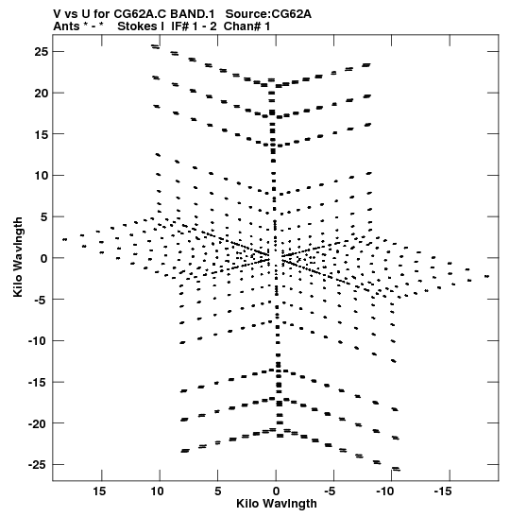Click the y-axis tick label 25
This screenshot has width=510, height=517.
point(42,52)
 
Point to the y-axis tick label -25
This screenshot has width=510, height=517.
point(38,465)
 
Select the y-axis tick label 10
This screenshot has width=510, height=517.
point(42,176)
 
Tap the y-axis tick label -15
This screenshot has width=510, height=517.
point(38,383)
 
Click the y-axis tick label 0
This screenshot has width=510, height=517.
point(44,258)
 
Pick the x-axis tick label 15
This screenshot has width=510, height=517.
point(99,491)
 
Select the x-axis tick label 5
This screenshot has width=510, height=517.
point(218,491)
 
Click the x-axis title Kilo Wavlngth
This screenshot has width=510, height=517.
point(277,504)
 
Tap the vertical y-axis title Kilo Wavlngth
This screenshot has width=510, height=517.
point(18,257)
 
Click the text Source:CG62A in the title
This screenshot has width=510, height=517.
point(268,14)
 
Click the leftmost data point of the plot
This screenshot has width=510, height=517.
point(64,239)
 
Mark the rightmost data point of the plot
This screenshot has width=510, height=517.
point(487,276)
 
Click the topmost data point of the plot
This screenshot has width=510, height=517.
point(154,45)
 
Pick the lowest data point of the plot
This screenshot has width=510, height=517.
point(397,470)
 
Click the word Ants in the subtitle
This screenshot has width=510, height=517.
point(66,26)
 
